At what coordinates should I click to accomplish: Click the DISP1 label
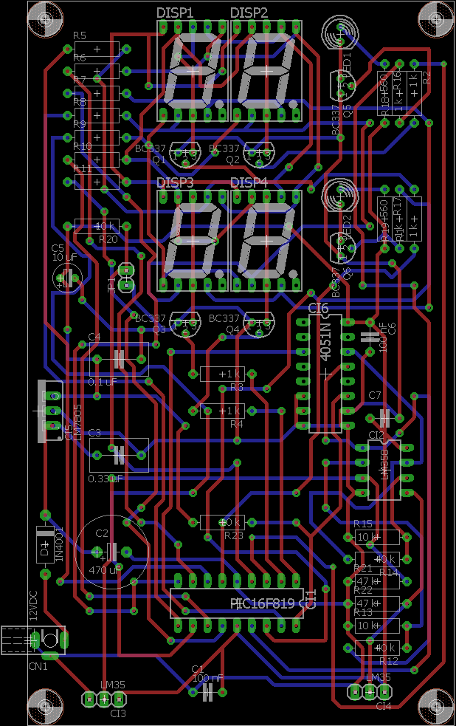point(175,13)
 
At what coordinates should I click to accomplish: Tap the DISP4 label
point(249,182)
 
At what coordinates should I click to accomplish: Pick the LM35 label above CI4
point(379,678)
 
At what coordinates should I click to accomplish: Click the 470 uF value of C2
point(104,570)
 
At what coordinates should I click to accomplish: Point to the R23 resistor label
point(233,535)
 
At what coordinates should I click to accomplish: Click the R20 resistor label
point(108,239)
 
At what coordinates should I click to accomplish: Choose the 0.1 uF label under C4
point(103,382)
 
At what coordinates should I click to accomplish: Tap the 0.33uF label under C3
point(104,479)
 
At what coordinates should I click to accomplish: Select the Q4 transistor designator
point(232,329)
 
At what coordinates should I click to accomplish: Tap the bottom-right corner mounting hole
point(435,705)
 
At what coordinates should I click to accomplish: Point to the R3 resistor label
point(236,387)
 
